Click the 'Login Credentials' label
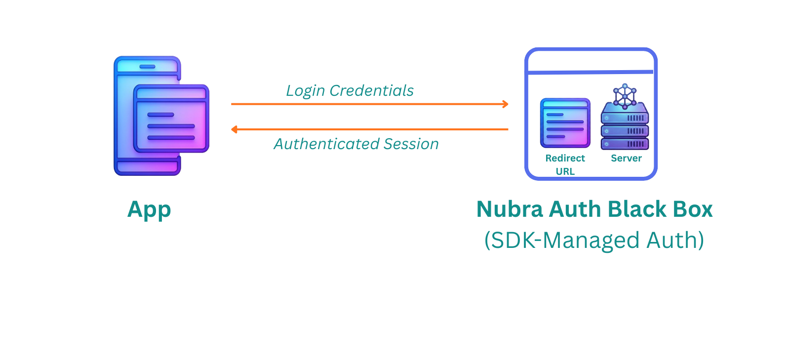[x=350, y=91]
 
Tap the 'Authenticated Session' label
[x=356, y=144]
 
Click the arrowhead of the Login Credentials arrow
[x=505, y=104]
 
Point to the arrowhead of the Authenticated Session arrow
[x=235, y=129]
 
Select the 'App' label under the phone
[x=149, y=210]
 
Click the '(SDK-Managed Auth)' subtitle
[x=594, y=240]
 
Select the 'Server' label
[x=626, y=159]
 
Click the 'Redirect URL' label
[x=565, y=164]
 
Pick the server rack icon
[x=625, y=126]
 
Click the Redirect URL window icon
[x=565, y=123]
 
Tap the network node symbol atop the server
[x=625, y=95]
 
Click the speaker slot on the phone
[x=147, y=67]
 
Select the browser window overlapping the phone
[x=171, y=119]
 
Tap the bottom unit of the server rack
[x=625, y=144]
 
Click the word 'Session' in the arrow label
[x=411, y=144]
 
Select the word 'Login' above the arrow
[x=305, y=91]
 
